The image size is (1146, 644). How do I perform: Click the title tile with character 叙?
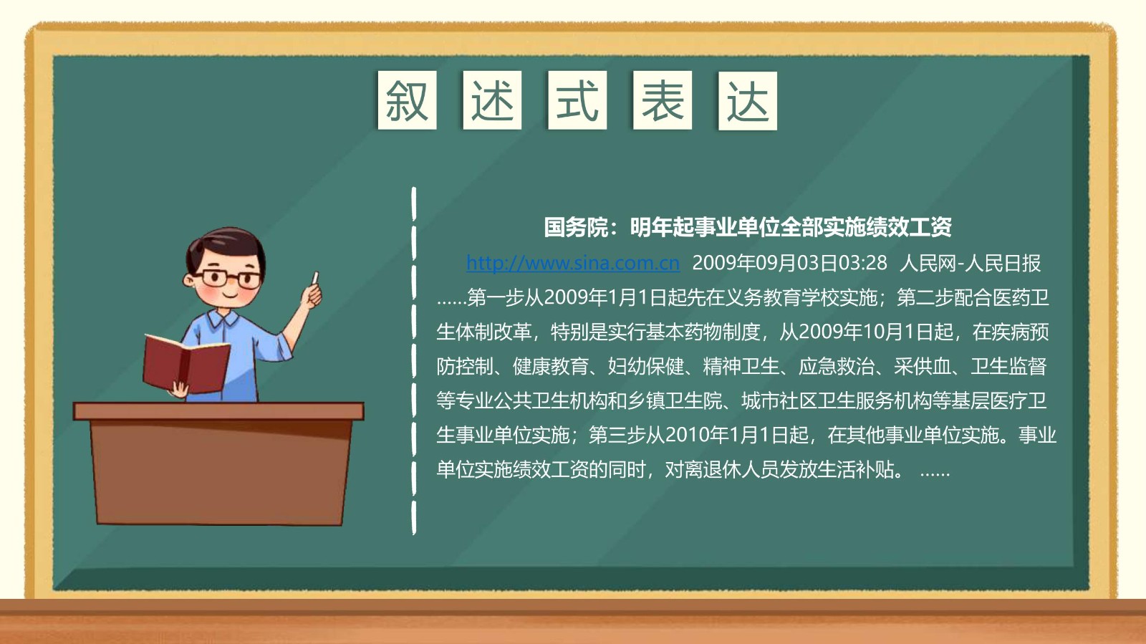point(408,100)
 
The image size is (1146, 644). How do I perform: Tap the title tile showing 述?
point(492,100)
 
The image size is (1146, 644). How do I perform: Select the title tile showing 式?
point(577,100)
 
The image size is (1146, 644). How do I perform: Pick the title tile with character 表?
point(663,100)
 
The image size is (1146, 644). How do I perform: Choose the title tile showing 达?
point(748,101)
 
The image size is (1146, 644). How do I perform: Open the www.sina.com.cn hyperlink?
point(573,263)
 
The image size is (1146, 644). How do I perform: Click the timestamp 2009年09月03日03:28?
point(789,263)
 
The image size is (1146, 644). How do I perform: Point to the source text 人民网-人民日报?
point(970,263)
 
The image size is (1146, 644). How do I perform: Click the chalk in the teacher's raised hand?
point(315,278)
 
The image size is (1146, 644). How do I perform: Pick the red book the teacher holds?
point(186,364)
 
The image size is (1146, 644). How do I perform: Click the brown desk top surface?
point(218,411)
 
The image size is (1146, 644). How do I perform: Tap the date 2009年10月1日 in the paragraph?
point(865,332)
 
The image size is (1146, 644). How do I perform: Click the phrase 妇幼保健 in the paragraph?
point(645,366)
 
